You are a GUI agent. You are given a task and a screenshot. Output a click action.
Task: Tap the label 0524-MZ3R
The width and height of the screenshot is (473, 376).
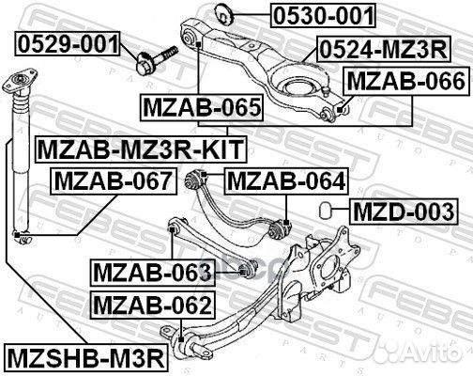[383, 49]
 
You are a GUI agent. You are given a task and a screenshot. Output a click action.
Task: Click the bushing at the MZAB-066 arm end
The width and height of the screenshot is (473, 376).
[328, 112]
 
